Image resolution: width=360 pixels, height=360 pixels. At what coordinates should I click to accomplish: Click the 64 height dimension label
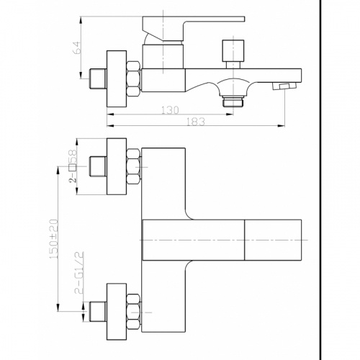pyautogui.click(x=77, y=48)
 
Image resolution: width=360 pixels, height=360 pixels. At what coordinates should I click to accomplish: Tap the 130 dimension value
pyautogui.click(x=170, y=110)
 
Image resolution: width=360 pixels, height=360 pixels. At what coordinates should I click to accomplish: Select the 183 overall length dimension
pyautogui.click(x=196, y=122)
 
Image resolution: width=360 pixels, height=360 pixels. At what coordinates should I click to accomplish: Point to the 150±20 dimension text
pyautogui.click(x=54, y=239)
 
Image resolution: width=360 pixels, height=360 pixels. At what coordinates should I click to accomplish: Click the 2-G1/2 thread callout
pyautogui.click(x=79, y=273)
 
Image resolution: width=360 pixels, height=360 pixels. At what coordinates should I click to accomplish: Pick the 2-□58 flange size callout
pyautogui.click(x=73, y=166)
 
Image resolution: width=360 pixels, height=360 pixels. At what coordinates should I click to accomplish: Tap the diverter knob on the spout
pyautogui.click(x=233, y=53)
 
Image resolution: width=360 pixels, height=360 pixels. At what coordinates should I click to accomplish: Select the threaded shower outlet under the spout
pyautogui.click(x=233, y=101)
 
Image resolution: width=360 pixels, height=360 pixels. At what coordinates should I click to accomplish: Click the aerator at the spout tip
pyautogui.click(x=284, y=86)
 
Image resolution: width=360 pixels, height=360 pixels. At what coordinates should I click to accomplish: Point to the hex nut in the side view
pyautogui.click(x=133, y=79)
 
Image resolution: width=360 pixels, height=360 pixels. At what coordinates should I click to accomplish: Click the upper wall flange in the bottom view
pyautogui.click(x=117, y=166)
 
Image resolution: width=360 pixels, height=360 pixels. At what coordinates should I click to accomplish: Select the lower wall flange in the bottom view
pyautogui.click(x=117, y=312)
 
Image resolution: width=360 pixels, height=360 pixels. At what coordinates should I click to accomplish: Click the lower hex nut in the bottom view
pyautogui.click(x=133, y=312)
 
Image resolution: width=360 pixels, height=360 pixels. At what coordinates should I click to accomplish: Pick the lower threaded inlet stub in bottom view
pyautogui.click(x=98, y=312)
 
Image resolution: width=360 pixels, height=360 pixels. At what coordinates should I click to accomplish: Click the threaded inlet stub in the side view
pyautogui.click(x=98, y=79)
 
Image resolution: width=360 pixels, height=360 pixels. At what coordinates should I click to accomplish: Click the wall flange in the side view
pyautogui.click(x=117, y=78)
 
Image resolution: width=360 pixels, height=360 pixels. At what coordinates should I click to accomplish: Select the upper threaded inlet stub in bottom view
pyautogui.click(x=98, y=166)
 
